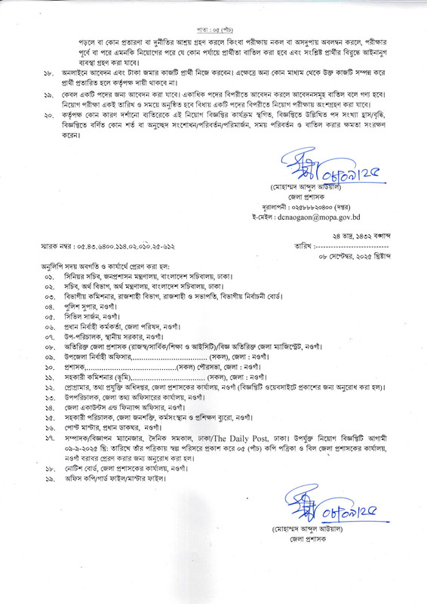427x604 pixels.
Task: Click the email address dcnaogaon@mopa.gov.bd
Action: click(309, 215)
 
